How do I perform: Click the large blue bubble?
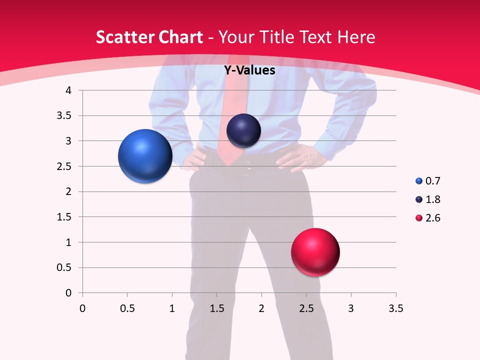[145, 156]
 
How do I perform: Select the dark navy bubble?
[243, 130]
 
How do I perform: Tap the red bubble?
[315, 252]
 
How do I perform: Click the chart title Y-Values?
[249, 70]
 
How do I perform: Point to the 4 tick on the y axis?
[68, 90]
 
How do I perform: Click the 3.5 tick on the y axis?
[65, 116]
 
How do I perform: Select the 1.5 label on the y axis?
[65, 217]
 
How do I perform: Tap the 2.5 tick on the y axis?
[65, 166]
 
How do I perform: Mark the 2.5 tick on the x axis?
[306, 308]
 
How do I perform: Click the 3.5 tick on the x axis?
[395, 308]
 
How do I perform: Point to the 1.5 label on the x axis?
[216, 308]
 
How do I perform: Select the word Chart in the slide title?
[180, 37]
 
